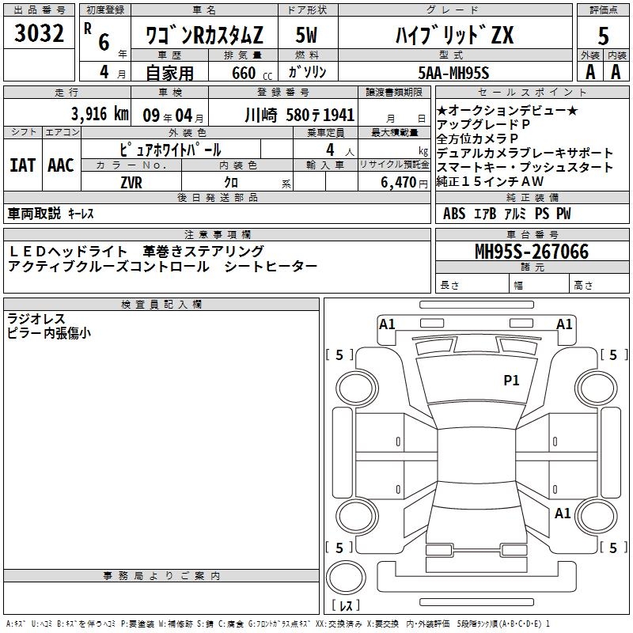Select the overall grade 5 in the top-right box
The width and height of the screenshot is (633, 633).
(x=603, y=36)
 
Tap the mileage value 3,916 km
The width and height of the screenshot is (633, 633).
(x=100, y=113)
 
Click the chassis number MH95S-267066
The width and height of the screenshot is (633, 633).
(x=531, y=252)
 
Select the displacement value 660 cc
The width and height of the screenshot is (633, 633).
(x=244, y=74)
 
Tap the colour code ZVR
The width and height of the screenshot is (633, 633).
(x=131, y=181)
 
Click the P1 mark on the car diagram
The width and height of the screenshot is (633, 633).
(x=511, y=381)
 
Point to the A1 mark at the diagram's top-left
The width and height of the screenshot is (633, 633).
(x=387, y=324)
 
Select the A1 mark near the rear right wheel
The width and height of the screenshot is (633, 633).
(x=563, y=514)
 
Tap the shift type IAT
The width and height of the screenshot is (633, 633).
(x=22, y=165)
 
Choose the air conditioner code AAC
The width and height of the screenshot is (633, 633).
(x=61, y=165)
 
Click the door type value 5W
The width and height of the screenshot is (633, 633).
(x=307, y=36)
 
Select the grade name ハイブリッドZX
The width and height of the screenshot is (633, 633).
(x=454, y=36)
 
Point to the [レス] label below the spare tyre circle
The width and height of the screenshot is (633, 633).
(x=346, y=606)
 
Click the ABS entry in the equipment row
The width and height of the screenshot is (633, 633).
(x=454, y=214)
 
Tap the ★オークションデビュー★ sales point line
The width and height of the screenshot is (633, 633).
(x=507, y=110)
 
